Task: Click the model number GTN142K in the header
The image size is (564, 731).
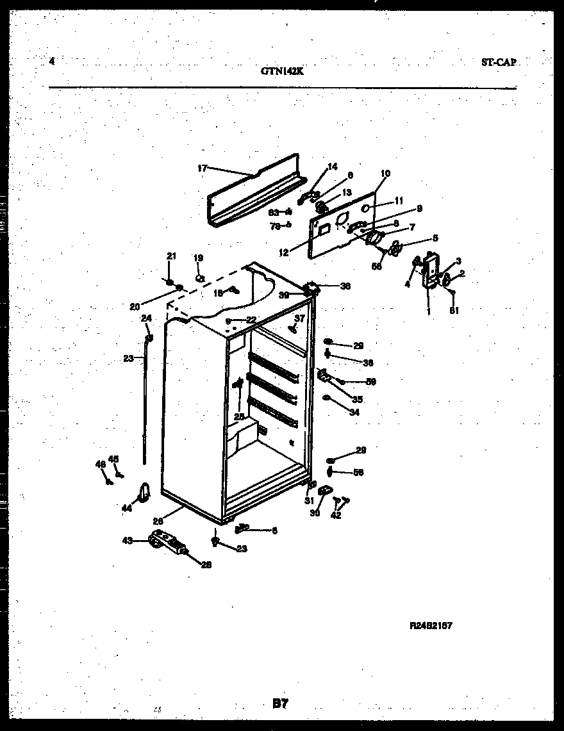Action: [x=282, y=72]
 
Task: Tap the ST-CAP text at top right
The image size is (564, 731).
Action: [x=499, y=63]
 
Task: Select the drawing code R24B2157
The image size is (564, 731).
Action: [x=431, y=625]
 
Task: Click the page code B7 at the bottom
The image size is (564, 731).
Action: [x=280, y=704]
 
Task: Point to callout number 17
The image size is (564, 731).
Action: [x=202, y=168]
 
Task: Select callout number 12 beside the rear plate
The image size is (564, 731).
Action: [x=283, y=252]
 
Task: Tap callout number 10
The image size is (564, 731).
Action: [x=385, y=173]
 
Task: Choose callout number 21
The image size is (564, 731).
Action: [x=171, y=256]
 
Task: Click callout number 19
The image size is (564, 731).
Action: [x=199, y=258]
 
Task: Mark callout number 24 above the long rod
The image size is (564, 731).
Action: [x=146, y=318]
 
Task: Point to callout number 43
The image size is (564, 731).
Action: [x=128, y=541]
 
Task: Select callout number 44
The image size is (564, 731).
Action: [x=126, y=508]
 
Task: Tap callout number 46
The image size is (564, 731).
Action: [x=100, y=464]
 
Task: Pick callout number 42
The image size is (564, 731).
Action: [x=336, y=515]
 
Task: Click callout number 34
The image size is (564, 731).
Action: [x=354, y=413]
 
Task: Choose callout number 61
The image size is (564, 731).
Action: [x=454, y=311]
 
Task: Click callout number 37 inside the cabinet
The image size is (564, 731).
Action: [x=299, y=318]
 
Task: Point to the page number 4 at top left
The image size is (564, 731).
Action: [x=52, y=62]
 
